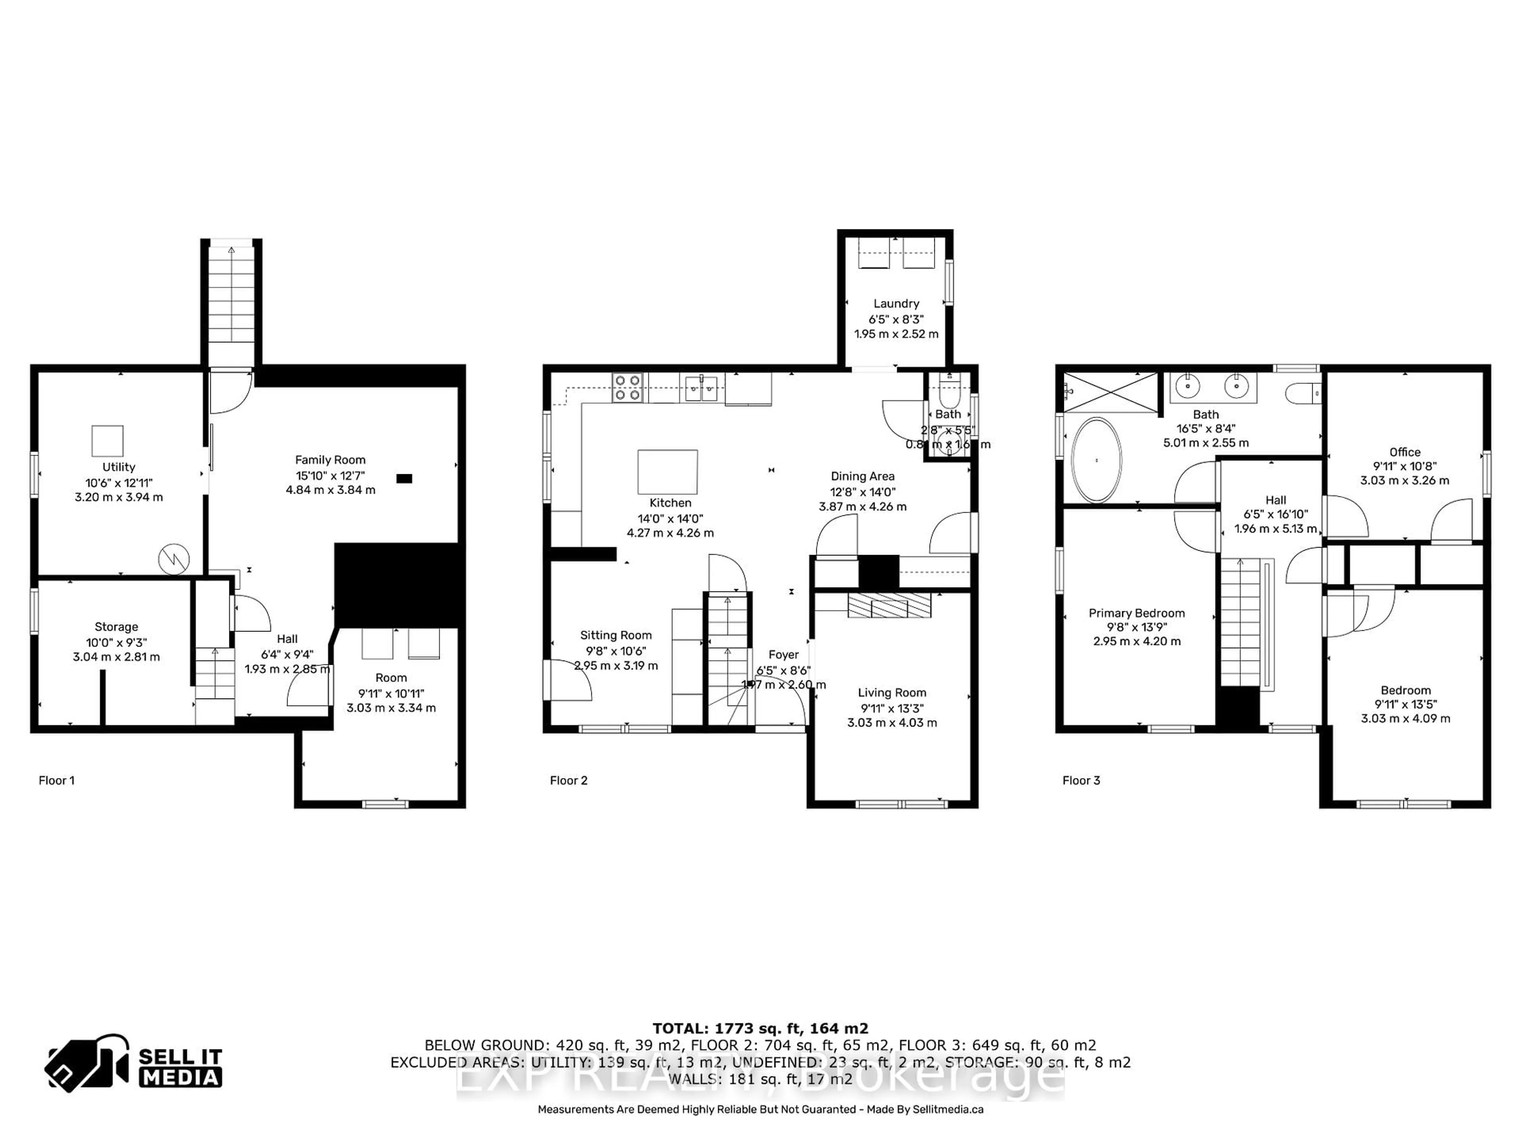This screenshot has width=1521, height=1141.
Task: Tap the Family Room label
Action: click(330, 460)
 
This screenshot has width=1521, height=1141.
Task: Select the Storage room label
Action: click(116, 626)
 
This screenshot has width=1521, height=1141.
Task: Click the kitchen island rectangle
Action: click(667, 472)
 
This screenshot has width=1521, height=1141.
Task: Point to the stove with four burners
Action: click(627, 387)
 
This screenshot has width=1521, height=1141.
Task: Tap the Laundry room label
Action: click(896, 303)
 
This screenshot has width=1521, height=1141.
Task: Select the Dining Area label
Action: click(862, 476)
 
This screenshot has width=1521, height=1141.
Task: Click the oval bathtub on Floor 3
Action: click(1097, 460)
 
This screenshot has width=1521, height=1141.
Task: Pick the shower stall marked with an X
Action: click(1111, 392)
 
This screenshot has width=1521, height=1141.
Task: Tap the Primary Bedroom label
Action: click(1137, 613)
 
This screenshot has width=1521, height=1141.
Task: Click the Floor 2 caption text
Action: click(569, 780)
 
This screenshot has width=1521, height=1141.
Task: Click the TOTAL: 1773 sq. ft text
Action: click(760, 1028)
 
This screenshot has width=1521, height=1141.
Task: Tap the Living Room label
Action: click(892, 693)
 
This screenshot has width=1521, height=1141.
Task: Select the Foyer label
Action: click(783, 655)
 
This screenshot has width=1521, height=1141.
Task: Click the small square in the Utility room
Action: click(108, 440)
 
